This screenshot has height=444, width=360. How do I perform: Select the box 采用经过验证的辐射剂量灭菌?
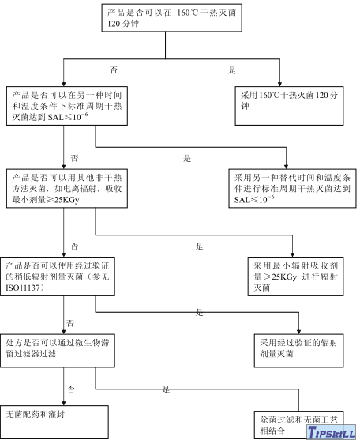[x=300, y=348]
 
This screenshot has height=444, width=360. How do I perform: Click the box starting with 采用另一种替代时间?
[x=291, y=189]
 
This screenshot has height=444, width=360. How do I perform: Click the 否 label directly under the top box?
[x=114, y=70]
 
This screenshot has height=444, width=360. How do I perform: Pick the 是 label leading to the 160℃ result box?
[x=232, y=70]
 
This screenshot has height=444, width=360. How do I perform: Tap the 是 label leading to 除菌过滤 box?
[x=166, y=389]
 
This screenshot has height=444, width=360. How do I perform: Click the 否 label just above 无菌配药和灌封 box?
[x=70, y=389]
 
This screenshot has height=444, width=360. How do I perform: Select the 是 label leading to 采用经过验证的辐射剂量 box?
[x=200, y=313]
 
